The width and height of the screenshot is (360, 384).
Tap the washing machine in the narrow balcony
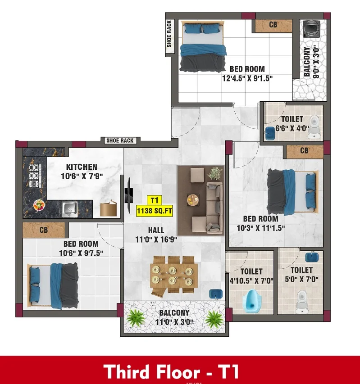tap(311, 29)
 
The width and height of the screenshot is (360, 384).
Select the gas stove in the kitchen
tap(34, 176)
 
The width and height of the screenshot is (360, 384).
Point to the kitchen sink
tap(69, 209)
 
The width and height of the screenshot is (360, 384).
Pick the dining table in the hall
tap(174, 276)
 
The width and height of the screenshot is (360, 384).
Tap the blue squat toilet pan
tap(252, 301)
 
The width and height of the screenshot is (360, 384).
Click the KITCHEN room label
tap(82, 167)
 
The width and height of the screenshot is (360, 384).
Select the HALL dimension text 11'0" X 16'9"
tap(156, 239)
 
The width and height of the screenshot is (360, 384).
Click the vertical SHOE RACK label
tap(169, 34)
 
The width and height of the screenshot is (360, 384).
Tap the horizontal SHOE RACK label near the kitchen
tap(120, 140)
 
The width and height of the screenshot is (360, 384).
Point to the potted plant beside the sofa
tap(215, 173)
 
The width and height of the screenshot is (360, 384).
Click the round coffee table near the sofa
tap(193, 200)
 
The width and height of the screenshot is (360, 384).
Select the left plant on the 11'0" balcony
tap(136, 318)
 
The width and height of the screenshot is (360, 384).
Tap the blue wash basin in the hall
tap(216, 294)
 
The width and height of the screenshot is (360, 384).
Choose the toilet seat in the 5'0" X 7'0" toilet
tap(302, 301)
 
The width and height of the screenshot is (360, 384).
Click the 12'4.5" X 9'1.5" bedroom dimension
tap(247, 78)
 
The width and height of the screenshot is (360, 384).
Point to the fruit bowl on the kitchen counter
tap(39, 205)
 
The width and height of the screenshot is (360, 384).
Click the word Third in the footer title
tap(127, 371)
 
